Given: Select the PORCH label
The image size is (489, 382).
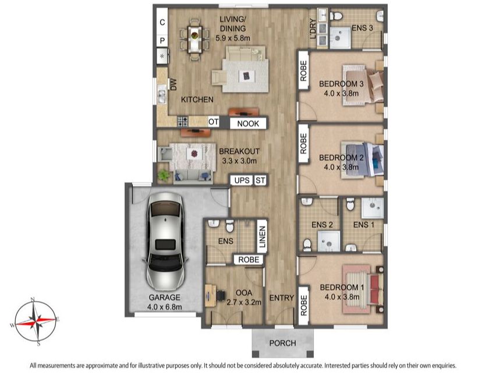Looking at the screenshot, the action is (282, 343).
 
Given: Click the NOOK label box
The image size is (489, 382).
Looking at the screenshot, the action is (248, 123).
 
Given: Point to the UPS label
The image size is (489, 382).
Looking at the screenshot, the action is (242, 181).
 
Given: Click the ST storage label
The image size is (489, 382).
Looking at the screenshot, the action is (260, 181).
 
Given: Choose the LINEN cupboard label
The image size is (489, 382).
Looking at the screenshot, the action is (262, 237).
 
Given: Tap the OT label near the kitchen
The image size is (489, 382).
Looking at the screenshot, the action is (213, 122).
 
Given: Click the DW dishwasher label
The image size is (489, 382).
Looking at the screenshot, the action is (173, 85).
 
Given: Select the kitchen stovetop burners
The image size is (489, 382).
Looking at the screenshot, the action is (182, 121).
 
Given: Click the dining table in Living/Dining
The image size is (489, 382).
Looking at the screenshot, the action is (194, 38).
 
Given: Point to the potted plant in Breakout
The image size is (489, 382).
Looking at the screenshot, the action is (163, 175).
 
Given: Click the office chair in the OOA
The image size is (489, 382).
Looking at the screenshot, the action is (221, 295).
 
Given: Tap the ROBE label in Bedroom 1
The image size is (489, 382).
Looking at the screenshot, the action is (303, 305).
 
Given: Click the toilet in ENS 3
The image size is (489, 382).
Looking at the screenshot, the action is (336, 16).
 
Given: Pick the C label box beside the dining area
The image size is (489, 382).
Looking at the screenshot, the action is (162, 22).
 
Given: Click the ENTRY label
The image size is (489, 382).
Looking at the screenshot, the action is (282, 298).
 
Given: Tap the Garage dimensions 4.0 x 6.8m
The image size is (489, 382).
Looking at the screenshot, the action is (164, 307).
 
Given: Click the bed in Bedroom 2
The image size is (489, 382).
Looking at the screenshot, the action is (362, 160).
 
